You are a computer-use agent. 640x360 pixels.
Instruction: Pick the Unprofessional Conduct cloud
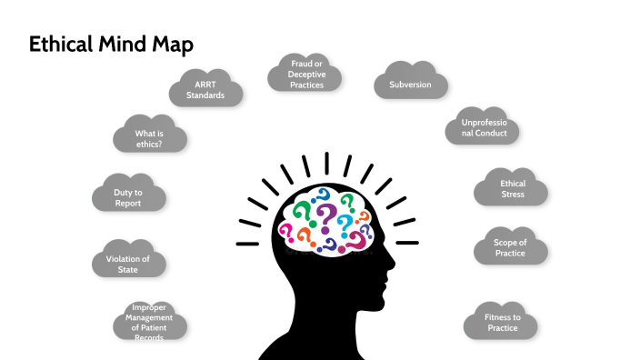click(483, 128)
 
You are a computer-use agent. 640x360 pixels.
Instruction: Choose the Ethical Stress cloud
click(512, 189)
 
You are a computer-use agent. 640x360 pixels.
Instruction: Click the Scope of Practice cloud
click(509, 248)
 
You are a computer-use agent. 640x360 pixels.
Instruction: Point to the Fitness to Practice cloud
click(501, 323)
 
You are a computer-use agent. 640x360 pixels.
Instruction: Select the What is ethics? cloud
click(150, 138)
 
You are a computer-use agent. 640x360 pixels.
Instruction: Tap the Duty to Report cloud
click(128, 197)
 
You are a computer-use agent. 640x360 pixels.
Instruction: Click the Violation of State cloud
click(129, 264)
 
